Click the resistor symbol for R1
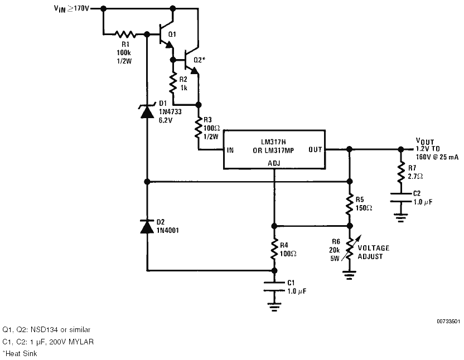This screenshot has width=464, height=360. (125, 35)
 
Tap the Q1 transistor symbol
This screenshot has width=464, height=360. (165, 35)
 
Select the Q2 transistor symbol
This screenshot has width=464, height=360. (191, 60)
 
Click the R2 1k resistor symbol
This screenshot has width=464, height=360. (173, 84)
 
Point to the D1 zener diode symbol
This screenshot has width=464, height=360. (147, 111)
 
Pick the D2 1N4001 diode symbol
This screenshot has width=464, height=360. (147, 226)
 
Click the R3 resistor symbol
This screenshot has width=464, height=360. (199, 128)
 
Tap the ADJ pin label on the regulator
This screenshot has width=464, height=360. (274, 163)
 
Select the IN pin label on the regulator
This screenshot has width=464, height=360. (230, 150)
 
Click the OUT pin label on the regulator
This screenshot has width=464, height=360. (315, 150)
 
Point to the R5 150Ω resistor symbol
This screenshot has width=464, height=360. (350, 204)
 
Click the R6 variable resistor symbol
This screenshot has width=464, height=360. (350, 248)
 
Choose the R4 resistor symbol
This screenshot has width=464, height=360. (274, 249)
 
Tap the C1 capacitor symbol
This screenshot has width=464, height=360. (274, 286)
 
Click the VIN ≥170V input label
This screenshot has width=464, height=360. (71, 8)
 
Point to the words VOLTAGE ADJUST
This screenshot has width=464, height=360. (374, 252)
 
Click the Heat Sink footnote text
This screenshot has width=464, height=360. (20, 353)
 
